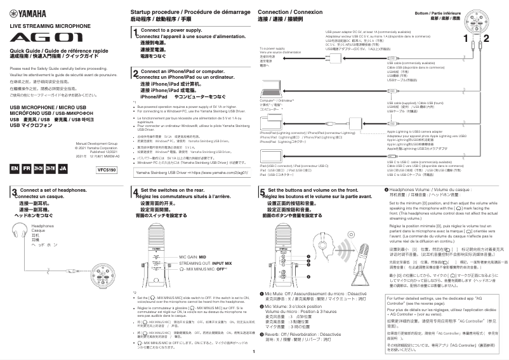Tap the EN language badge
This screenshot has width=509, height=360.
[x=15, y=170]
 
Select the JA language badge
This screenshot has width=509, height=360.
[x=62, y=170]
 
